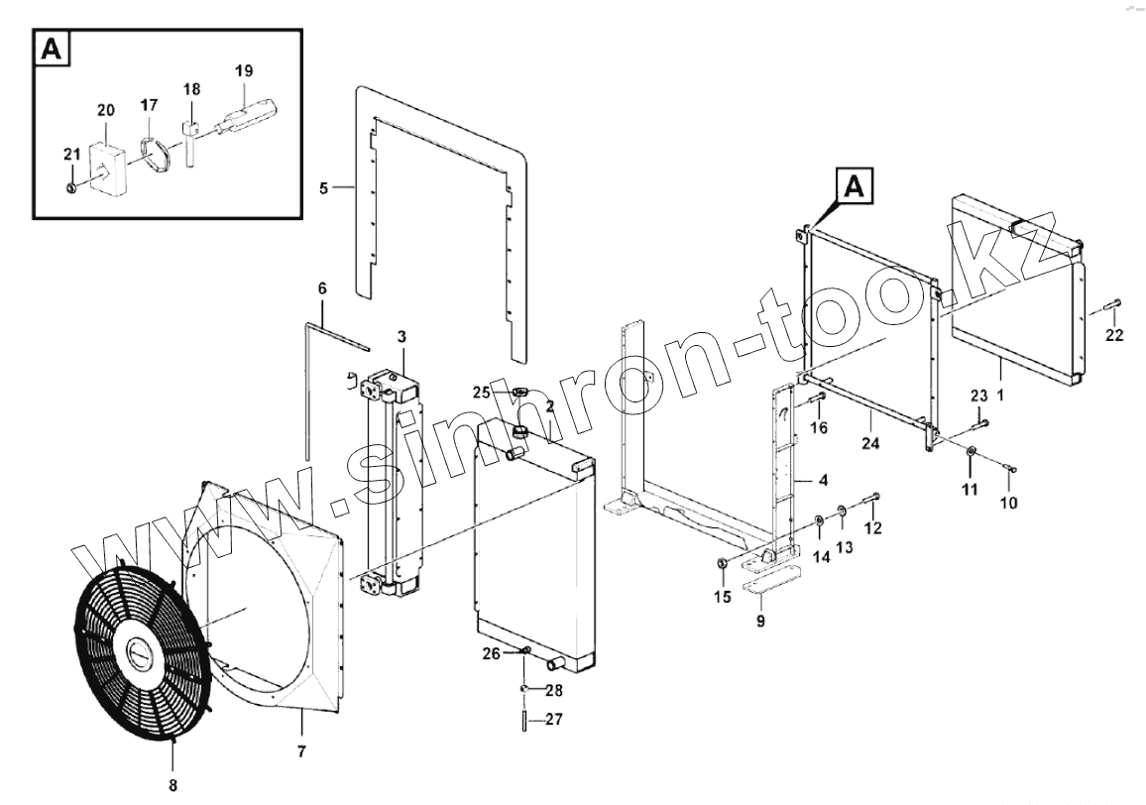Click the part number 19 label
(244, 70)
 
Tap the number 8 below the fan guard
(172, 760)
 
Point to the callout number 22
(1114, 335)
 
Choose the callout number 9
(760, 622)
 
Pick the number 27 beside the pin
(553, 720)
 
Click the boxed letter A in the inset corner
(53, 49)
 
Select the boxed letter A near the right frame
(857, 186)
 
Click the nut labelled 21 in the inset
(70, 186)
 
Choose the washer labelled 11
(971, 453)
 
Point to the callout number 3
(401, 338)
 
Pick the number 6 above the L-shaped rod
(322, 287)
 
